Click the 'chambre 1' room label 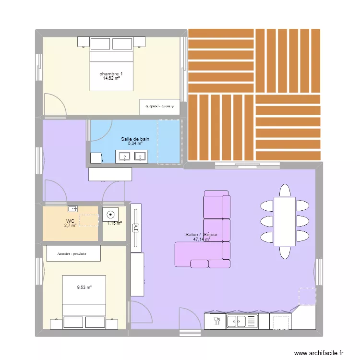tap(111, 73)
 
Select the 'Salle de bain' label tap(135, 139)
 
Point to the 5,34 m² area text tap(135, 143)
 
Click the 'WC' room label tap(70, 221)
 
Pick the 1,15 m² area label tap(114, 223)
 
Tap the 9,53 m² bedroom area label tap(84, 288)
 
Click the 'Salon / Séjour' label tap(202, 235)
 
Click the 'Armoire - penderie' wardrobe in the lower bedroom tap(73, 253)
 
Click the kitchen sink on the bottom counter tap(242, 321)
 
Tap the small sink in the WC tap(73, 208)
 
